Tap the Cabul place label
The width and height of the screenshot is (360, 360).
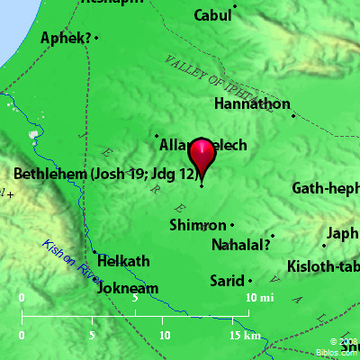(212, 16)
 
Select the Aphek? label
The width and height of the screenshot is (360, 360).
(66, 38)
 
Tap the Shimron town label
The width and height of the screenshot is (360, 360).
(197, 225)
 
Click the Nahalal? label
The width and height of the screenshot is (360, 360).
(239, 244)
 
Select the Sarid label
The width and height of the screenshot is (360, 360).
(226, 281)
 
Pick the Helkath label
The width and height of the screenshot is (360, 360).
(122, 261)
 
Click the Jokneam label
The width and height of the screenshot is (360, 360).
(126, 289)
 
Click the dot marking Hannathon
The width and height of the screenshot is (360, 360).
(292, 114)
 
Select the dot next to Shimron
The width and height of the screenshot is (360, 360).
(231, 225)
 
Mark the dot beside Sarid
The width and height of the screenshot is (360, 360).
(250, 281)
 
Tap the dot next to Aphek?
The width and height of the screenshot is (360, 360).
(96, 38)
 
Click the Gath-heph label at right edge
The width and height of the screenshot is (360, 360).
(325, 188)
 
